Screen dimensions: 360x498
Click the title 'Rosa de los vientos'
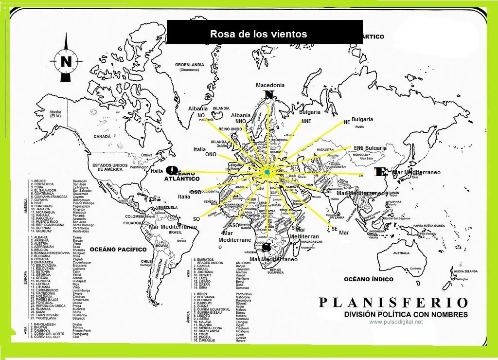click(x=258, y=34)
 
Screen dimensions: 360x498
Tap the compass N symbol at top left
click(x=66, y=61)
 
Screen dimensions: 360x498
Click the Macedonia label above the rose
click(x=270, y=85)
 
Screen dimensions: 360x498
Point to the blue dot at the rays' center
click(x=267, y=173)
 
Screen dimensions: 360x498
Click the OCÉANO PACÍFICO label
click(x=118, y=250)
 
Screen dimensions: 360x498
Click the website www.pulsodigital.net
click(x=395, y=322)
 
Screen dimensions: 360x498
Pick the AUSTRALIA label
click(x=401, y=253)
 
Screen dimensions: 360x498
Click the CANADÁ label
click(x=102, y=137)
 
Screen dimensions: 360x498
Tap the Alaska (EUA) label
click(x=55, y=114)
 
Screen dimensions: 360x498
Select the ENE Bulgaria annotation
click(x=370, y=148)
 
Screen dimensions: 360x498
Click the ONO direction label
click(x=211, y=154)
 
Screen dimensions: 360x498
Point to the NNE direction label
click(x=306, y=121)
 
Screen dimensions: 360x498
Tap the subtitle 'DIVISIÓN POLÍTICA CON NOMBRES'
click(x=406, y=314)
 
